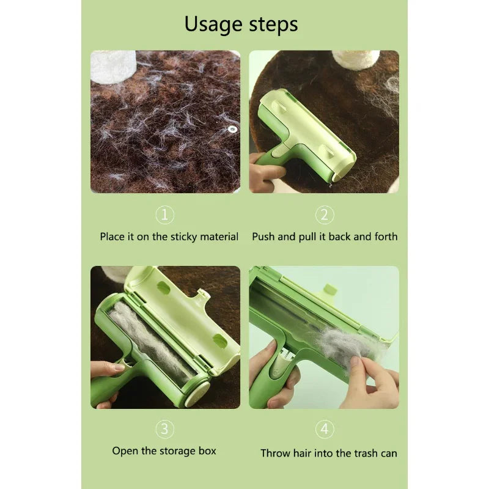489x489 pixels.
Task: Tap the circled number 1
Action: (165, 215)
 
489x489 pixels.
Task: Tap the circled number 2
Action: (325, 215)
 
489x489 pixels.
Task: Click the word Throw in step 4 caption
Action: (275, 453)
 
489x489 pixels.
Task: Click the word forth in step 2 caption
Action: (384, 237)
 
